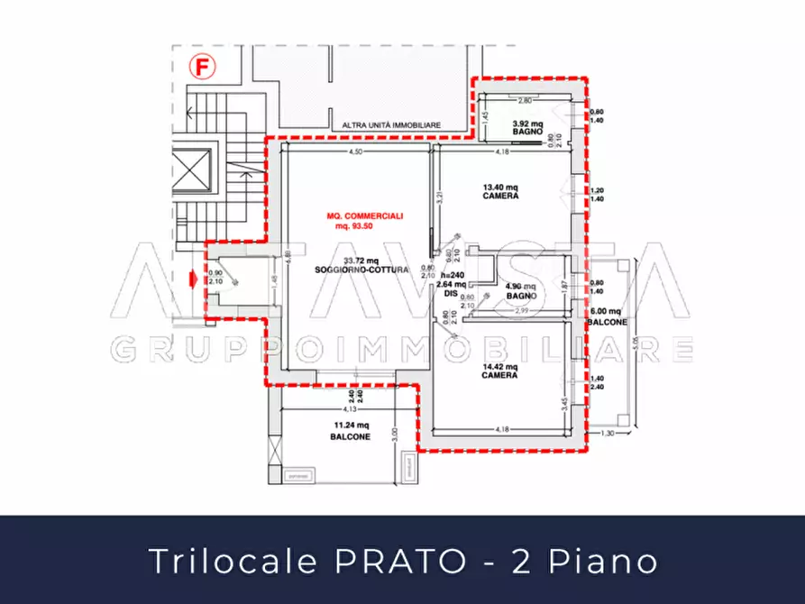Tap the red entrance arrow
(193, 281)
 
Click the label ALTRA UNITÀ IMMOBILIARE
(390, 125)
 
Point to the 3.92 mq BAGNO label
(527, 127)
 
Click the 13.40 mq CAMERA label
(499, 192)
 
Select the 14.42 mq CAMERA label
(499, 371)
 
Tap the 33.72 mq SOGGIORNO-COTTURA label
(361, 265)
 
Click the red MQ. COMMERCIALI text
(364, 221)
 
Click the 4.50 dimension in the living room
(356, 152)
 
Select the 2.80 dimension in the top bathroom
(523, 101)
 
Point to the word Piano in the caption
(613, 561)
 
